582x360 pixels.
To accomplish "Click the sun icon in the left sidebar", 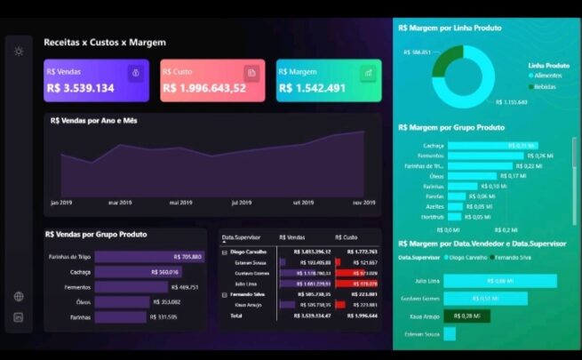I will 19,51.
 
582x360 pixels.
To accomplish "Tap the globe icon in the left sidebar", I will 19,297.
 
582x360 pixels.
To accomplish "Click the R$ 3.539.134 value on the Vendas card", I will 80,88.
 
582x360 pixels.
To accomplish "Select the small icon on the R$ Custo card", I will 251,73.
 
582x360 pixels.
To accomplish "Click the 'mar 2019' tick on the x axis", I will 121,203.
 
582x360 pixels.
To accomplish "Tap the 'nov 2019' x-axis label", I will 364,203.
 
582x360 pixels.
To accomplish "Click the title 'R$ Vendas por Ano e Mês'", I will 93,120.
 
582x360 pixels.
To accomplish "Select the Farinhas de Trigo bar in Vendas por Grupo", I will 149,257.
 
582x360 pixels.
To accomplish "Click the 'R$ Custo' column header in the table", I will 348,237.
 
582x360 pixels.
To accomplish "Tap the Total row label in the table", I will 236,316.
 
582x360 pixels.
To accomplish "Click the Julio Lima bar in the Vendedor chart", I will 499,281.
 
